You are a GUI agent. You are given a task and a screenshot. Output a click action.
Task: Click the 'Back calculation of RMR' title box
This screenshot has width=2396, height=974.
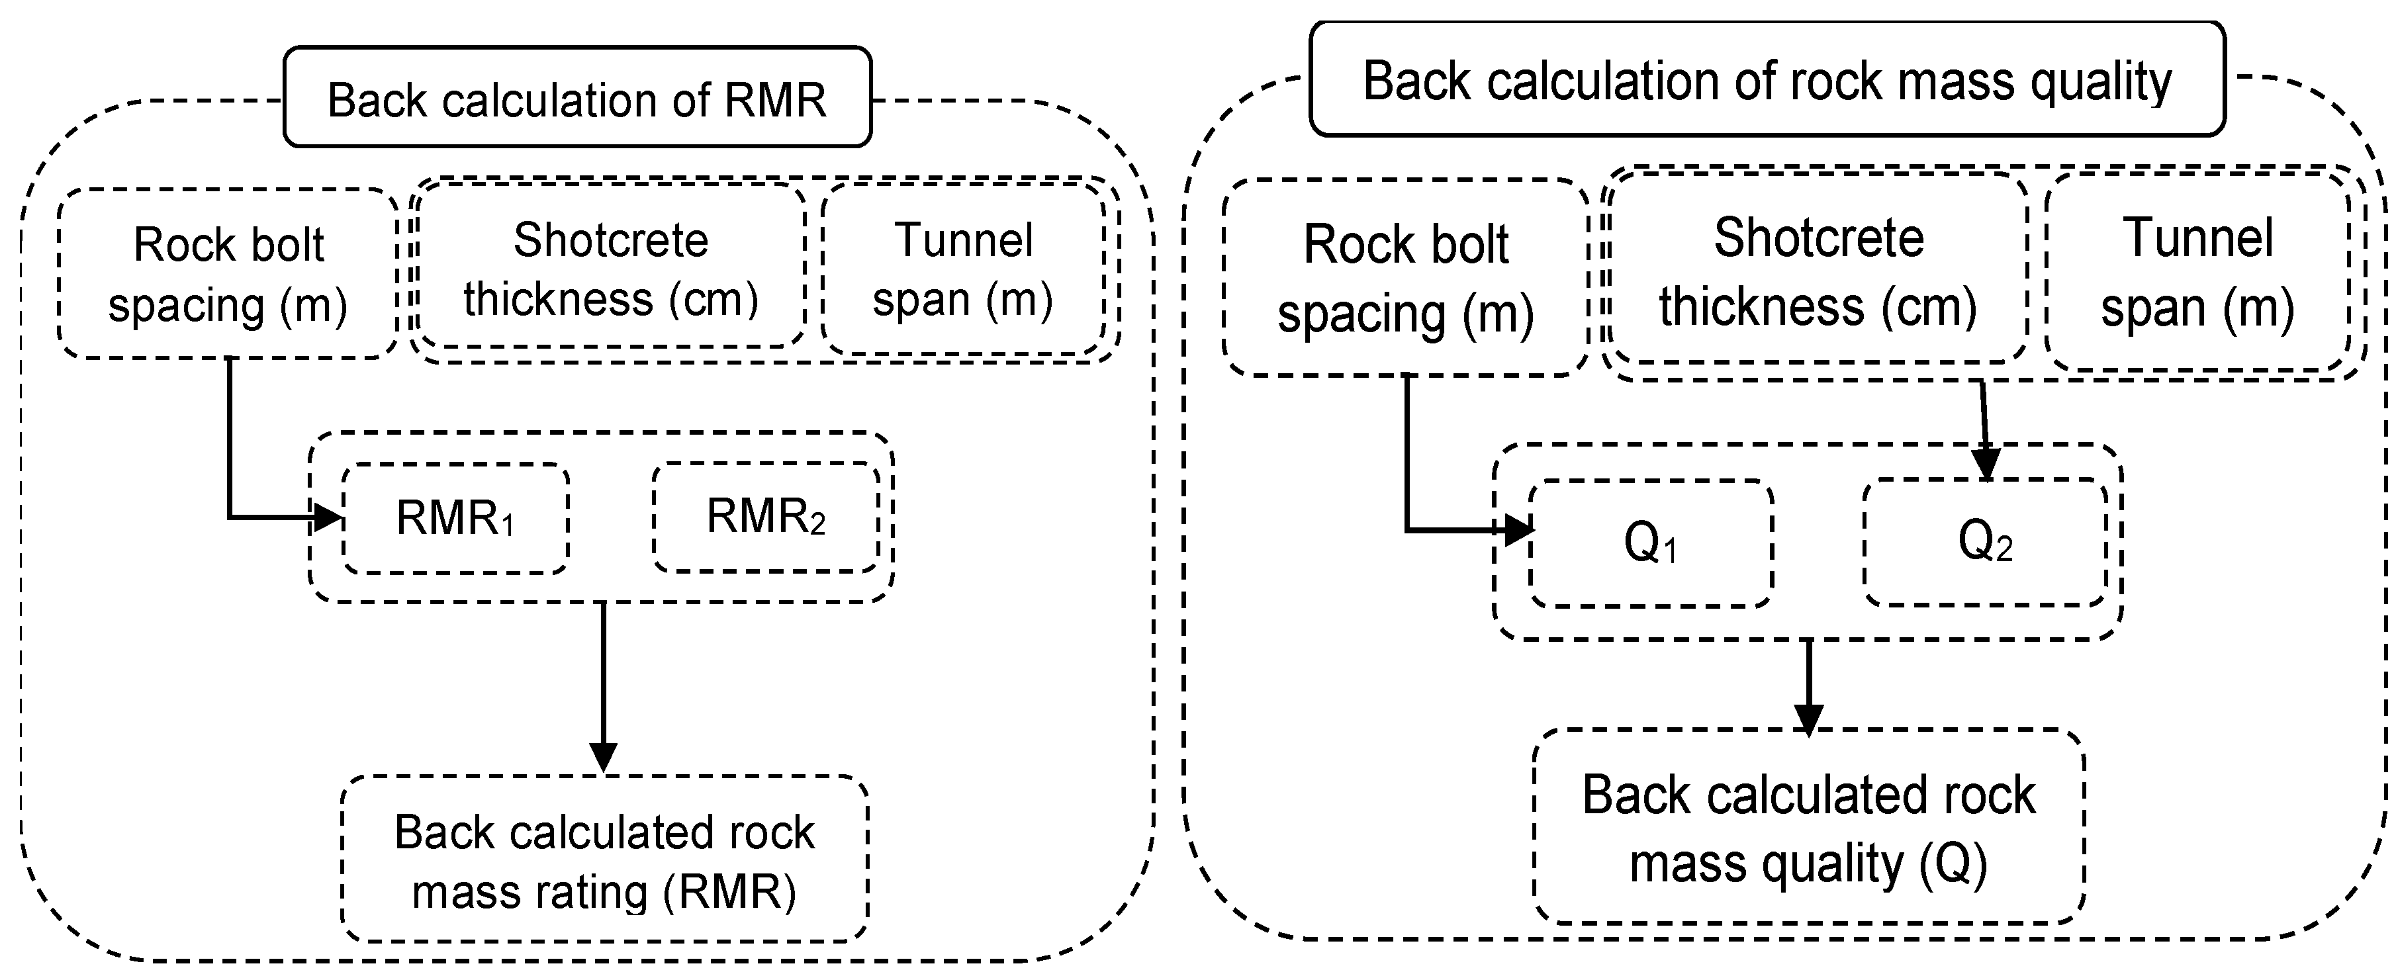tap(576, 98)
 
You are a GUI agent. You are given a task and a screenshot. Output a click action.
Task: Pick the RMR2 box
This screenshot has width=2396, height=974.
tap(766, 517)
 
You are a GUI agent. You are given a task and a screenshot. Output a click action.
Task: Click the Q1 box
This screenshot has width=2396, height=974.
tap(1650, 543)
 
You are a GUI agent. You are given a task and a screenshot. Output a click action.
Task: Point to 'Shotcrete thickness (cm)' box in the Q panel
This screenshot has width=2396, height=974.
tap(1818, 270)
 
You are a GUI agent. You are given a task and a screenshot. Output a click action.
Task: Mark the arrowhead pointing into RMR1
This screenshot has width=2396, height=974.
tap(328, 517)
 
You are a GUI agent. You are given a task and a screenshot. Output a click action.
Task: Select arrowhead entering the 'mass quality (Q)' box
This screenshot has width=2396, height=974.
tap(1808, 718)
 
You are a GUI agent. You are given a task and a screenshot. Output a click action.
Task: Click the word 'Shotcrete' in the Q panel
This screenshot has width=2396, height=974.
tap(1818, 238)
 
